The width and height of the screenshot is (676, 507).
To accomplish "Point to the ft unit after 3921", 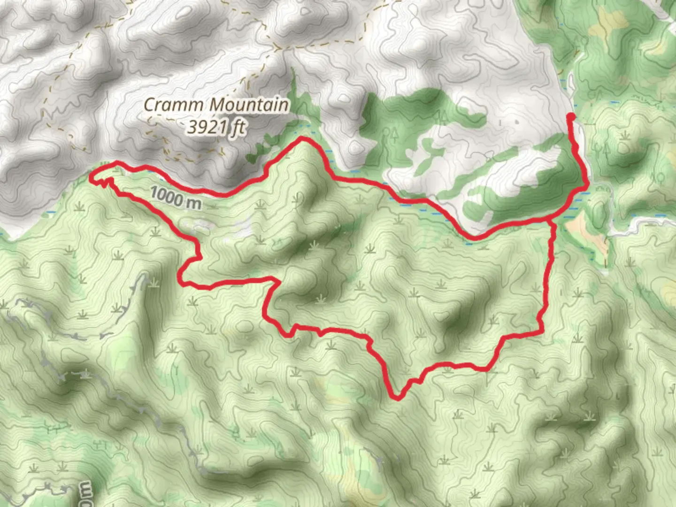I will tap(238, 127).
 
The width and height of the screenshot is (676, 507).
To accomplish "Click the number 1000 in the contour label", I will tap(167, 195).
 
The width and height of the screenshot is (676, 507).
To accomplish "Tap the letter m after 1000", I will tap(194, 203).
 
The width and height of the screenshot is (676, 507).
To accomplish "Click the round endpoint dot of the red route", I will tap(571, 116).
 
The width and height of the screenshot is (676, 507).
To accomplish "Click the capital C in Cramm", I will tap(149, 105).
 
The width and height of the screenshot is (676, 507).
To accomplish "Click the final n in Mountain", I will tap(284, 105).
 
